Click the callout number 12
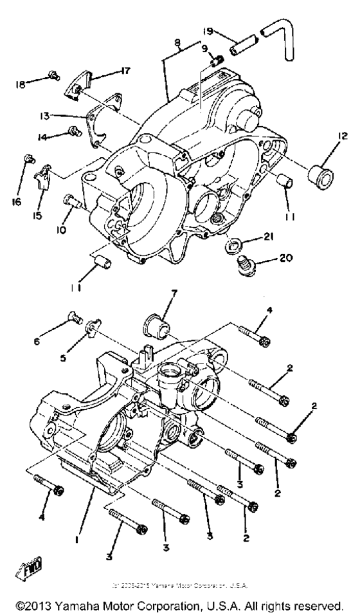click(341, 136)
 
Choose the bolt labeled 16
click(28, 158)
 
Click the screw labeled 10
click(70, 201)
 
